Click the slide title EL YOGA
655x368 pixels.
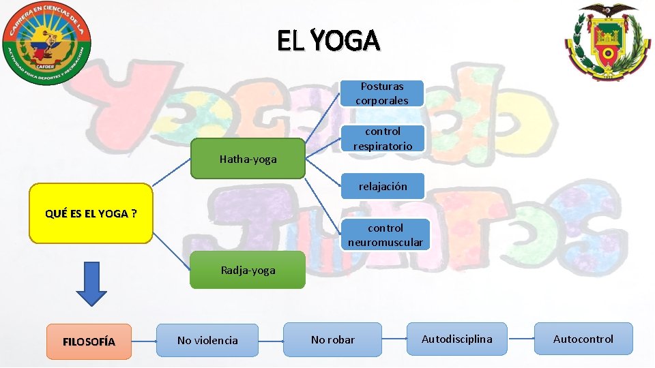(x=328, y=42)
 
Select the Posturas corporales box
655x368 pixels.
(x=382, y=93)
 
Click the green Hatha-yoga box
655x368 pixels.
(x=248, y=159)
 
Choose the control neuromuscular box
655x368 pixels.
(x=385, y=235)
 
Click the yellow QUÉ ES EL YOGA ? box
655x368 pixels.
(x=91, y=213)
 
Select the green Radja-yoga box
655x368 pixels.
(x=248, y=270)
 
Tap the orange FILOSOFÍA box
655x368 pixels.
(x=89, y=341)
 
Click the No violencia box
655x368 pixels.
(x=207, y=340)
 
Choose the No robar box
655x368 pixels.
(x=332, y=339)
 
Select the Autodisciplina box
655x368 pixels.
(x=456, y=339)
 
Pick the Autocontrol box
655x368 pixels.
(x=583, y=339)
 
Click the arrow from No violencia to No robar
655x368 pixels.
(x=271, y=339)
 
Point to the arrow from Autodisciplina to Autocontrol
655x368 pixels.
(x=521, y=339)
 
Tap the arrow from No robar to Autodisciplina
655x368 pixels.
(x=394, y=339)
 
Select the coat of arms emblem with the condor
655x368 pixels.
(x=604, y=41)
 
